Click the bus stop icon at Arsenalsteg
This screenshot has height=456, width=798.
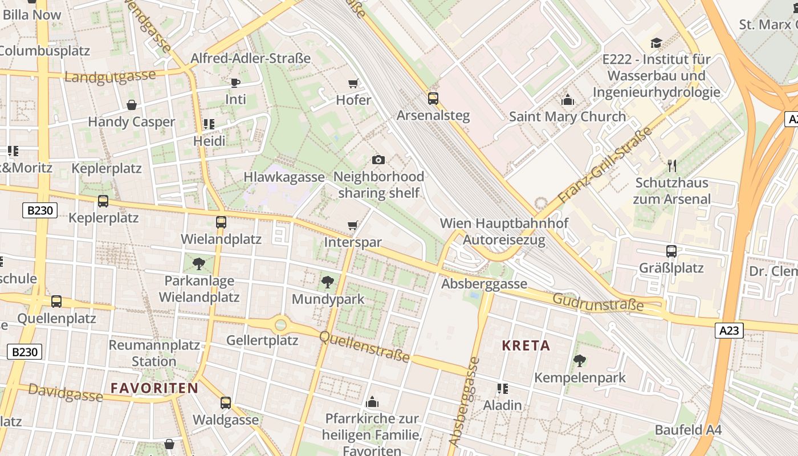[433, 99]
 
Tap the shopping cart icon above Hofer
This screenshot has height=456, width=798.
[353, 84]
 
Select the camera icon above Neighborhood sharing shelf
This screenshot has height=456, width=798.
[378, 160]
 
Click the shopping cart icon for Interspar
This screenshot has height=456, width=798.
[353, 226]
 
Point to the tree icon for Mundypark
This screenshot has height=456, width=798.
[328, 282]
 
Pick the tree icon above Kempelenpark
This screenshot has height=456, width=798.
[580, 360]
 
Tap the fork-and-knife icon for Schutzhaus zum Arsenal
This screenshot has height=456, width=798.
[672, 166]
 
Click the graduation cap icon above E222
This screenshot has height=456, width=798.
[656, 43]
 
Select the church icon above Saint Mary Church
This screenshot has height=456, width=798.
[567, 100]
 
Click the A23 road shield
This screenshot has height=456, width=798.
[730, 330]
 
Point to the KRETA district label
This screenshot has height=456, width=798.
[526, 345]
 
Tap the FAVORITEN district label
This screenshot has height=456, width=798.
[154, 388]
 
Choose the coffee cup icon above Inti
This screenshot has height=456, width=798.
[235, 83]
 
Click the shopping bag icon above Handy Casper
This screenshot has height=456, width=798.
[132, 105]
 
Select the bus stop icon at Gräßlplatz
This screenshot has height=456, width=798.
[671, 251]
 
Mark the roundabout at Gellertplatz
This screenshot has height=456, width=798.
[280, 325]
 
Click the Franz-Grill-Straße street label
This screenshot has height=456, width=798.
[605, 166]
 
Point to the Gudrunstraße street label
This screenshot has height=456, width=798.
[597, 303]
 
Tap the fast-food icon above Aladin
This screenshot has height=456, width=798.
[502, 389]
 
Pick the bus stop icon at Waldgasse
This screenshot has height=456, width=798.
[226, 403]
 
